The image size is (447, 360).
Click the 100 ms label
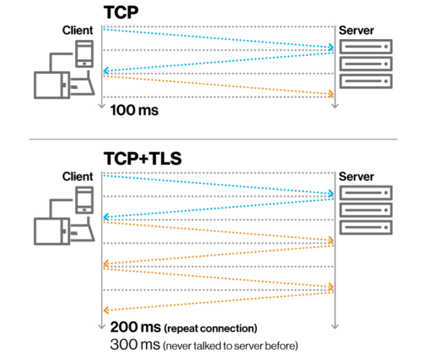[134, 111]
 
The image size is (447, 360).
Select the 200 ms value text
[134, 328]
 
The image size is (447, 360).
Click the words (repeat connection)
[210, 329]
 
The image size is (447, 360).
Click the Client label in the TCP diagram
[78, 30]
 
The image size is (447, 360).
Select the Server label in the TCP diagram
[357, 30]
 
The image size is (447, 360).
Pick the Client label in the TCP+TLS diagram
[78, 177]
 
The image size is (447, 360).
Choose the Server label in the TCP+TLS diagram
[357, 177]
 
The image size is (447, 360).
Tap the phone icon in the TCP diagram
[84, 54]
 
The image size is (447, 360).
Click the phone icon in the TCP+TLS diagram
[84, 200]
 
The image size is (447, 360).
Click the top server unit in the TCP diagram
[366, 47]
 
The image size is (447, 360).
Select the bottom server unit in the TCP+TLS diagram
[366, 227]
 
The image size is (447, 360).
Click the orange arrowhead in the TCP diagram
[330, 95]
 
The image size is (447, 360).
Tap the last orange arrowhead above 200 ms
[106, 310]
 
